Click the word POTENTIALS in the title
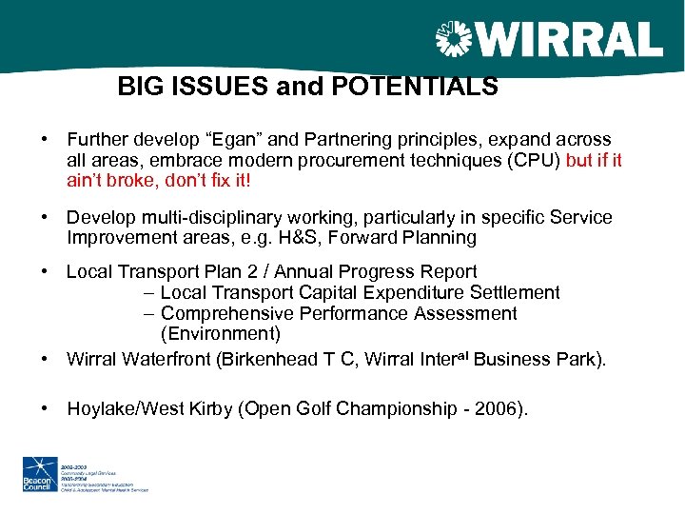[x=416, y=88]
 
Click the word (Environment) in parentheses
[x=221, y=333]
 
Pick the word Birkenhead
[x=275, y=359]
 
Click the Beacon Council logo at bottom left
[x=42, y=473]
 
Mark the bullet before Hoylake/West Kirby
[x=46, y=409]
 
